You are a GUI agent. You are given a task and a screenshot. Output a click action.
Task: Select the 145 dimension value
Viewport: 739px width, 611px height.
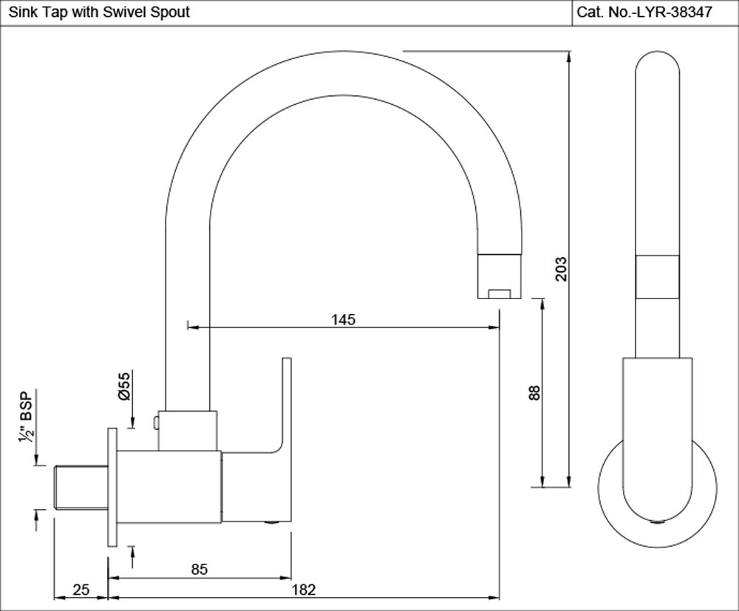[344, 319]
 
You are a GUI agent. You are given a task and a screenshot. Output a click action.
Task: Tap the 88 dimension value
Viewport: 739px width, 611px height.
[536, 393]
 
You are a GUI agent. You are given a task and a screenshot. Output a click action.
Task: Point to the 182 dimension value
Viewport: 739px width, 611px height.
[304, 589]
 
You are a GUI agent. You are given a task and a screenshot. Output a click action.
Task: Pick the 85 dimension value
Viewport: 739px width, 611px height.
[199, 569]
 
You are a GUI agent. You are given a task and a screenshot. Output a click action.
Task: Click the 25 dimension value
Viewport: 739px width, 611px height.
[81, 589]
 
